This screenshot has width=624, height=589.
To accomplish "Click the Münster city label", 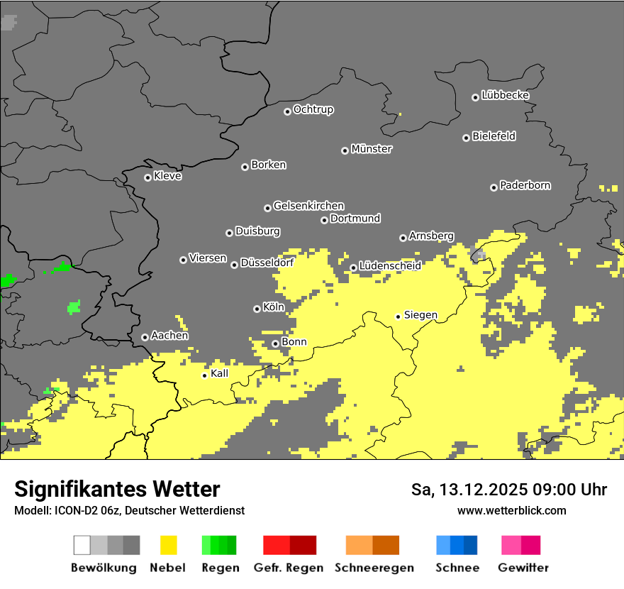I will pos(372,149).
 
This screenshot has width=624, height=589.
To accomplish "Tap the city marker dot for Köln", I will pos(257,309).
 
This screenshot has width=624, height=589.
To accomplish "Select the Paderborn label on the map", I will pos(525,185).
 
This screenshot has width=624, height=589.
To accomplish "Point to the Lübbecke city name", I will pos(505,95).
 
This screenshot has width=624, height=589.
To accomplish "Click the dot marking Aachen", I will pos(145,337).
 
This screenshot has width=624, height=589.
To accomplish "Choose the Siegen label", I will pos(420,314).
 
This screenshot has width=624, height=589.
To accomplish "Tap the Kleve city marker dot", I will pos(147,177).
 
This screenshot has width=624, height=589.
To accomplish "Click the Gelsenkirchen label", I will pos(308,206).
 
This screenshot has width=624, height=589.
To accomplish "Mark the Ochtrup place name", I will pos(313,109).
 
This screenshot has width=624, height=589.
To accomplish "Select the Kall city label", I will pos(220,373).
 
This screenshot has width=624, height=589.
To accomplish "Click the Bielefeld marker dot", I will pos(466,138).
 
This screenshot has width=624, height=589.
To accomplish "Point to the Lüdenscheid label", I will pos(390,266).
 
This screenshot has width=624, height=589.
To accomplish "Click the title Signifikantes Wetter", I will pos(117,489).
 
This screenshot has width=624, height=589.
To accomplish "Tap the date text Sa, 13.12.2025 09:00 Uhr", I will pos(509,490).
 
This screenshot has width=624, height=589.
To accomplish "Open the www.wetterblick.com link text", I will pos(511,510).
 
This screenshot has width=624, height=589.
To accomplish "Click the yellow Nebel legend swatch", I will pos(168,545).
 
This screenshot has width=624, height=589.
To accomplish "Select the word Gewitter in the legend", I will pos(523,568).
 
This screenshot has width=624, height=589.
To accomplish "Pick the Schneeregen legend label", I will pos(374,568).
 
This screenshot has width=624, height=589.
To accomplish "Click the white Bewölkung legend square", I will pos(82,545).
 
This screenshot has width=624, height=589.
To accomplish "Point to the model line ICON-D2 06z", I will pos(129,510).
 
